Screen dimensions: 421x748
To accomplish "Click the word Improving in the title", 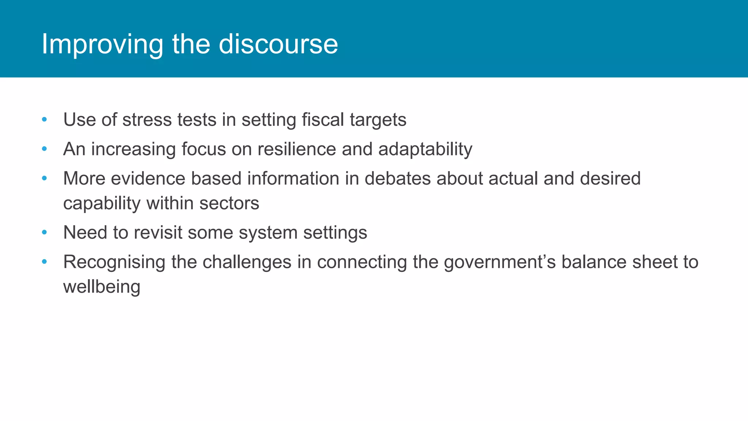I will pyautogui.click(x=102, y=45).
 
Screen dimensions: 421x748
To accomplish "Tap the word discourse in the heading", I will pyautogui.click(x=278, y=45).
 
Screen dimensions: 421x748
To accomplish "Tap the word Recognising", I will pyautogui.click(x=114, y=262).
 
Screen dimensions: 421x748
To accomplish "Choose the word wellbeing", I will pyautogui.click(x=102, y=287).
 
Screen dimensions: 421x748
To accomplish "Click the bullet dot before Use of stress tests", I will pyautogui.click(x=45, y=120).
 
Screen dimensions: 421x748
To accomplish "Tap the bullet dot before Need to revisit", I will pyautogui.click(x=45, y=232).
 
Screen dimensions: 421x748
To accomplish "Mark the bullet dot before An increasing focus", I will pyautogui.click(x=45, y=149).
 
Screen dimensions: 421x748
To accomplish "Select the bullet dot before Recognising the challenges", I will pyautogui.click(x=45, y=262).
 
